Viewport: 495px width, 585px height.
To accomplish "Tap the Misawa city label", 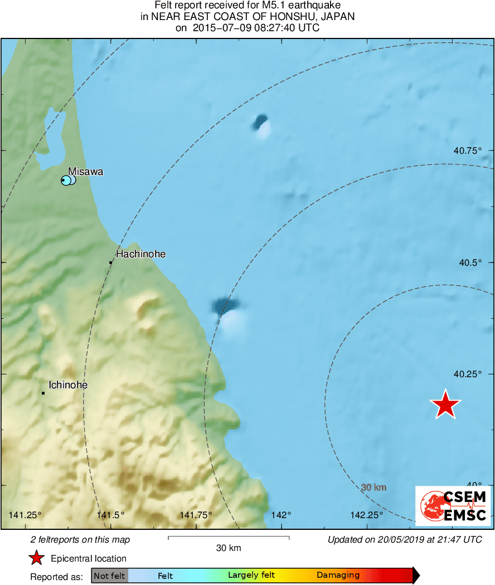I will click(86, 172).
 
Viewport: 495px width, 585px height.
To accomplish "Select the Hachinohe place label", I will click(140, 254).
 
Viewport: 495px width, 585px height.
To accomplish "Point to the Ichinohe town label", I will click(68, 384).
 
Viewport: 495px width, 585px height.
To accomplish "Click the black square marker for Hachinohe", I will click(111, 262).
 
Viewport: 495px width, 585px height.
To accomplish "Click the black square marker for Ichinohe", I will click(43, 393).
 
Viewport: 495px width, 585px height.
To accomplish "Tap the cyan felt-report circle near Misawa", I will click(66, 180).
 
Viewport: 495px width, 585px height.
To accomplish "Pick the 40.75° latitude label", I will click(467, 150).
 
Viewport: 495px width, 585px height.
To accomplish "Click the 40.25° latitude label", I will click(467, 374).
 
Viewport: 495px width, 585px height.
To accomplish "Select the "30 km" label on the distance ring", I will click(373, 487).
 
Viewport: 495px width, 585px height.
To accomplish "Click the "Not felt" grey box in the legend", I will click(109, 576).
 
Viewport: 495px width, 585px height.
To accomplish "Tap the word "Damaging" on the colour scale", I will click(338, 575).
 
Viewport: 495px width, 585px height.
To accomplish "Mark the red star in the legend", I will click(36, 558).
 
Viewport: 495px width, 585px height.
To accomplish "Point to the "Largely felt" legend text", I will click(251, 575).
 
